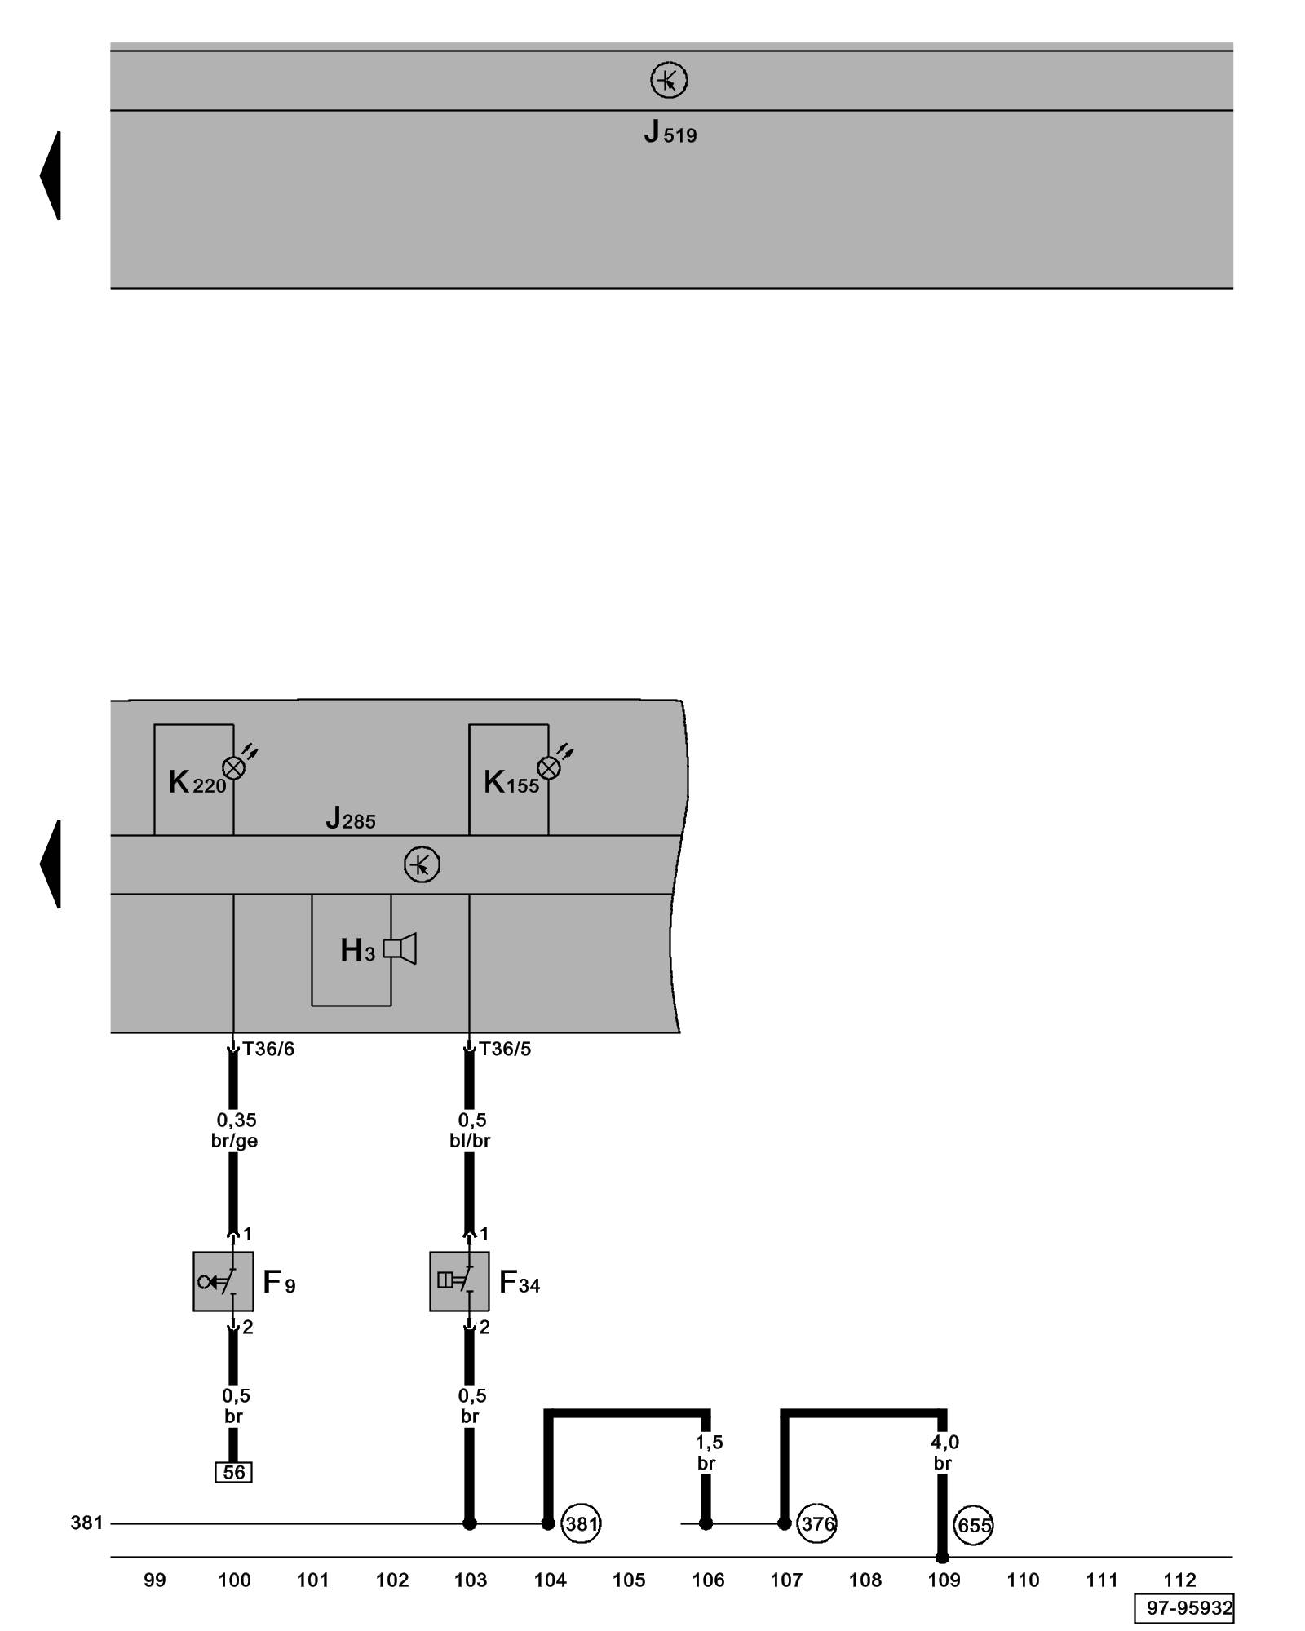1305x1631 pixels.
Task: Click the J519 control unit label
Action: (670, 132)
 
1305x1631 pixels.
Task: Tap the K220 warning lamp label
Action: (197, 783)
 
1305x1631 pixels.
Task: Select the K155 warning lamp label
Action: (511, 783)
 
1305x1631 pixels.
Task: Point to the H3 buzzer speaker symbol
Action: (400, 948)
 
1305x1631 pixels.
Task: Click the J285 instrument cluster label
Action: (351, 818)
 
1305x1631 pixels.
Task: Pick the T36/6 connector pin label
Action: (268, 1050)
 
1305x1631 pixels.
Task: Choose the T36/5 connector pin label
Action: (505, 1050)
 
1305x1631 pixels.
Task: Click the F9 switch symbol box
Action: (223, 1281)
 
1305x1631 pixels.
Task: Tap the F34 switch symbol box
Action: (459, 1281)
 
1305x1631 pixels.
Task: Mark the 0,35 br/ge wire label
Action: (235, 1130)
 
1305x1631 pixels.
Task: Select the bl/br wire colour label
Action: (470, 1141)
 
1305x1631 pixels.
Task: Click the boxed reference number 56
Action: (233, 1472)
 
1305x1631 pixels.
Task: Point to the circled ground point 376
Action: (816, 1523)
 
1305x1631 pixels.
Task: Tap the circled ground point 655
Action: (973, 1525)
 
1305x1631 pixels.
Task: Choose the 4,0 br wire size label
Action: (944, 1452)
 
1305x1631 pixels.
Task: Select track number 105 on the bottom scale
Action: (629, 1580)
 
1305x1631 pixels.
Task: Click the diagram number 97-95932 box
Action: (1183, 1608)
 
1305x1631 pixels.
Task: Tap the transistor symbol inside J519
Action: (669, 81)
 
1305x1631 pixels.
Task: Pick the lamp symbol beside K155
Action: (549, 767)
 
